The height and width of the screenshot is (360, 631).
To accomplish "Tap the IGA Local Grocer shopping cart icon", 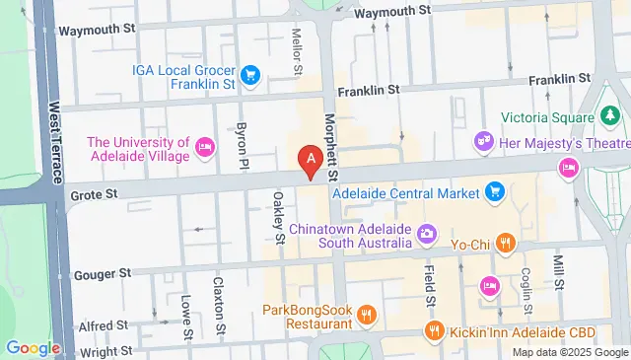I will tap(250, 73).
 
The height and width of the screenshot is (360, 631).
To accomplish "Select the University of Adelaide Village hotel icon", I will tap(204, 148).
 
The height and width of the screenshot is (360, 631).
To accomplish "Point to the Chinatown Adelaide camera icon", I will tap(426, 234).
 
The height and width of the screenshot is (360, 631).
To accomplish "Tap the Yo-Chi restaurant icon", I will tap(504, 241).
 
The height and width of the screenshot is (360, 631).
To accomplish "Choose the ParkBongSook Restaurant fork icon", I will tap(366, 315).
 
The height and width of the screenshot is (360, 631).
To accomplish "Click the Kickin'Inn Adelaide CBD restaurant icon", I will tap(430, 330).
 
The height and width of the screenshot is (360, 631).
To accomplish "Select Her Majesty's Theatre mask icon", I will tap(483, 142).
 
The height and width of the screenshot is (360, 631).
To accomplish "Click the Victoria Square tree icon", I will tap(612, 117).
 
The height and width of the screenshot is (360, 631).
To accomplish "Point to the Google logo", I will tap(33, 347).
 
